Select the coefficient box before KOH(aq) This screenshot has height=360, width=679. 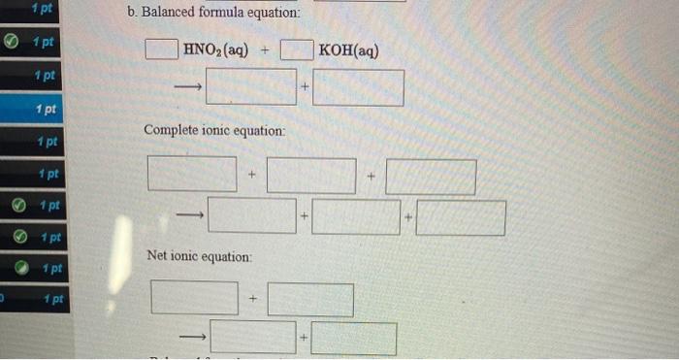coord(296,49)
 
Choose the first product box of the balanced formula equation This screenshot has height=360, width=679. coord(250,87)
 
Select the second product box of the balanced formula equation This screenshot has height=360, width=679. coord(358,87)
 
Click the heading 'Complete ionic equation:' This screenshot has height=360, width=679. coord(214,130)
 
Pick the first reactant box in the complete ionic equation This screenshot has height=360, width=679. coord(192,176)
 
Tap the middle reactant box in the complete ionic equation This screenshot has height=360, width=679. coord(311,177)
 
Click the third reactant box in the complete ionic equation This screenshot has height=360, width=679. coord(431,178)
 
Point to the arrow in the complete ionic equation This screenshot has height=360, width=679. coord(190,216)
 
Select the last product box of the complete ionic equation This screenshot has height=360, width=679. coord(461,217)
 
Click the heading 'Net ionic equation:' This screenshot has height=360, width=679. coord(199,256)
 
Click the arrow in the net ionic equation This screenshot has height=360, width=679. coord(193,338)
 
